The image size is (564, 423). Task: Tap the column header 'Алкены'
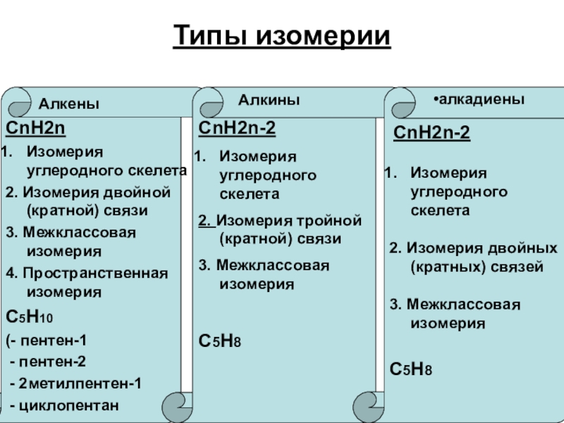click(x=68, y=104)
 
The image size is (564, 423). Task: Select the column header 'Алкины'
click(x=269, y=101)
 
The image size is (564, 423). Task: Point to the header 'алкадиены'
click(x=480, y=100)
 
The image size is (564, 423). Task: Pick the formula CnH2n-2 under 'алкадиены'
click(x=431, y=133)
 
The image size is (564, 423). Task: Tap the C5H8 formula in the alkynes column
click(x=221, y=341)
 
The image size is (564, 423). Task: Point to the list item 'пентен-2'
click(x=53, y=362)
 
